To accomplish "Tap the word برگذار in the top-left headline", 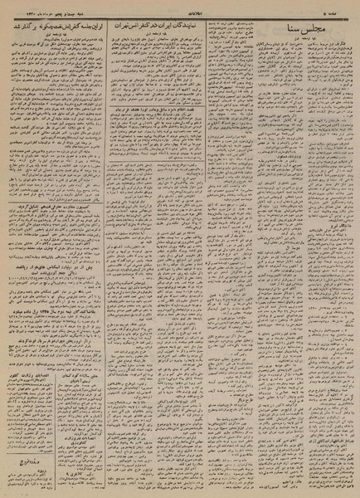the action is click(25, 27).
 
